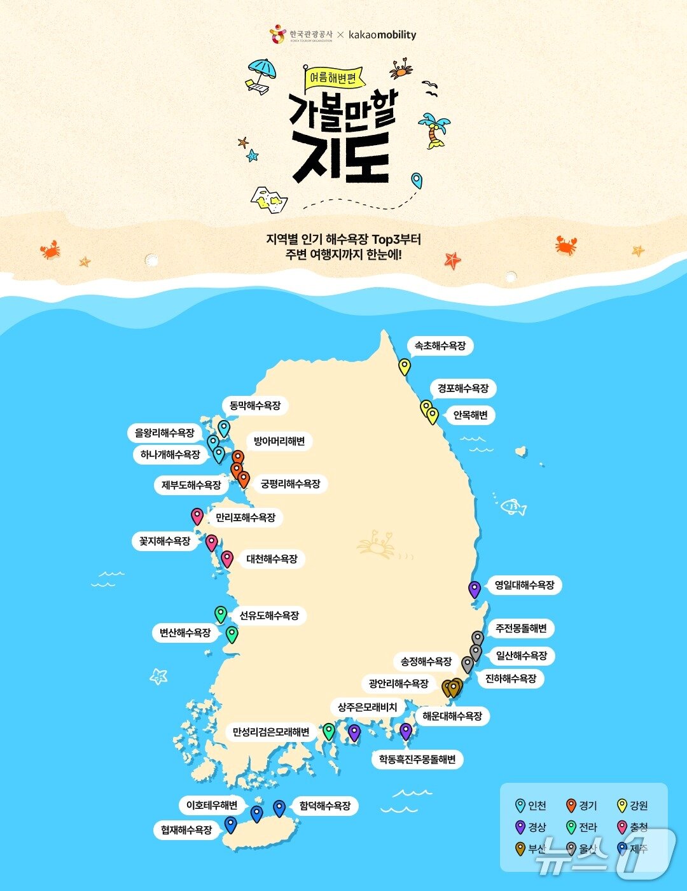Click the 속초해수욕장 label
pos(440,346)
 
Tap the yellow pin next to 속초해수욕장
pos(405,367)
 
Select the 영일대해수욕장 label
pos(524,585)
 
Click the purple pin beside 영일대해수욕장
pos(475,589)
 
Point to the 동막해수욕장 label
pos(254,405)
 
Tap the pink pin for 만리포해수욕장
pos(197,516)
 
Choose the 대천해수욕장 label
pos(272,559)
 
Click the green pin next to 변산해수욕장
pos(232,634)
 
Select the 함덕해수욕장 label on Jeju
pos(324,806)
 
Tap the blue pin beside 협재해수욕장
pos(230,825)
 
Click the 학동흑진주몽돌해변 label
pos(417,759)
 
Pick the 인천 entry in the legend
pos(531,806)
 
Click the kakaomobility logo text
pos(382,34)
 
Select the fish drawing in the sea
pos(513,507)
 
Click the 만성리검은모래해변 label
pos(271,732)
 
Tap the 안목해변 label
pos(470,415)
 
